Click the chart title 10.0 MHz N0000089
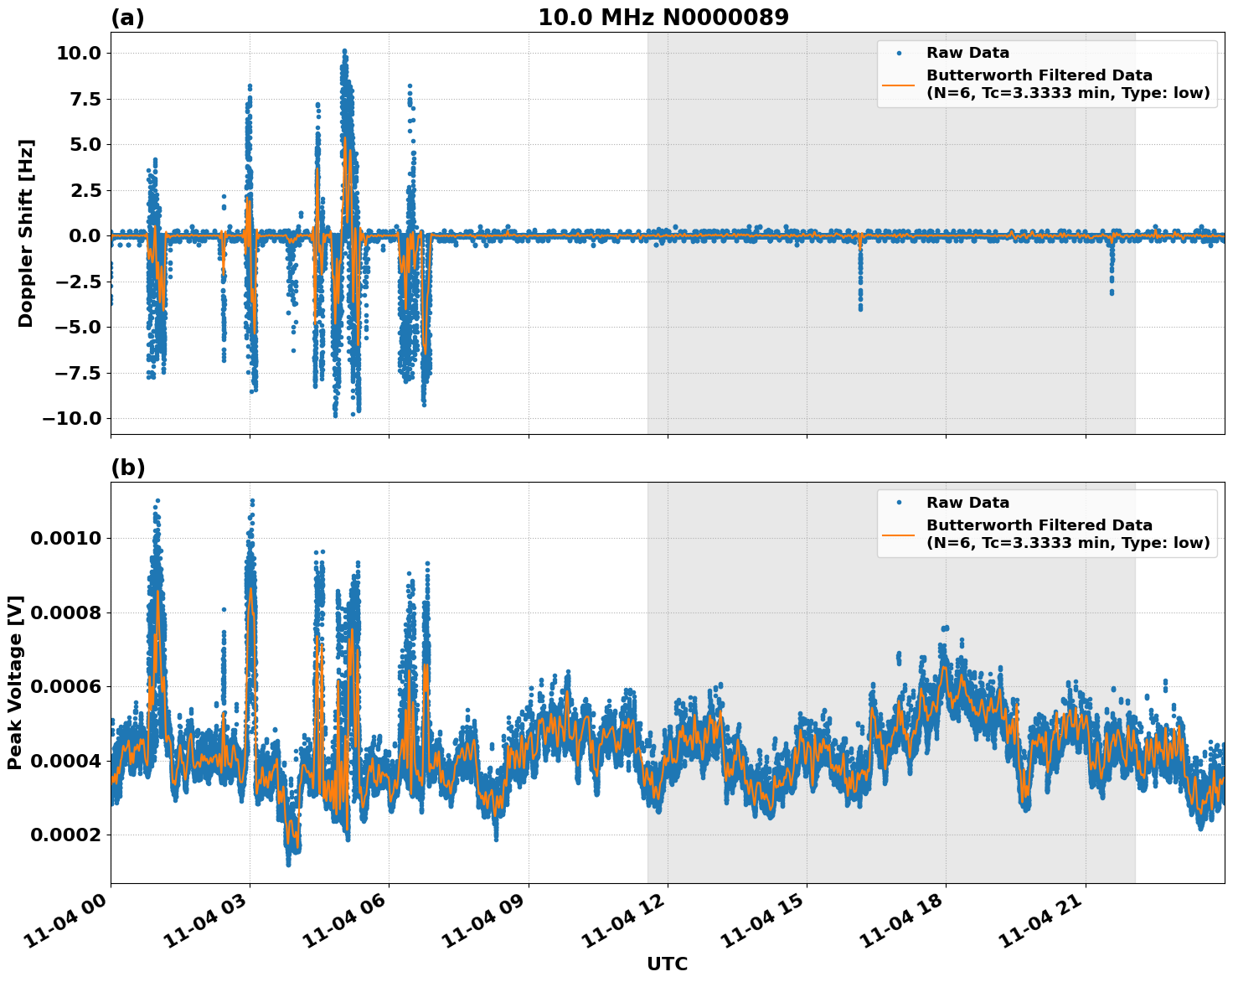tap(663, 18)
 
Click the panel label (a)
tap(127, 18)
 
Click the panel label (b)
tap(127, 468)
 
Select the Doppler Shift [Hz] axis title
tap(26, 233)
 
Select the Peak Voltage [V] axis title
tap(15, 682)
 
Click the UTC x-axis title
tap(667, 964)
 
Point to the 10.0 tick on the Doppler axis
tap(78, 53)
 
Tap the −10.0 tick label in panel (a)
tap(70, 418)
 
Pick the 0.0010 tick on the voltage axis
tap(65, 538)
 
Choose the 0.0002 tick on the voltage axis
tap(65, 835)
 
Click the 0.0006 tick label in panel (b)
tap(65, 686)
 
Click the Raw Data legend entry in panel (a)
tap(967, 53)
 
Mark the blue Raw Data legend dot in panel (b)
tap(899, 503)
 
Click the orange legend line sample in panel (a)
tap(899, 84)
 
